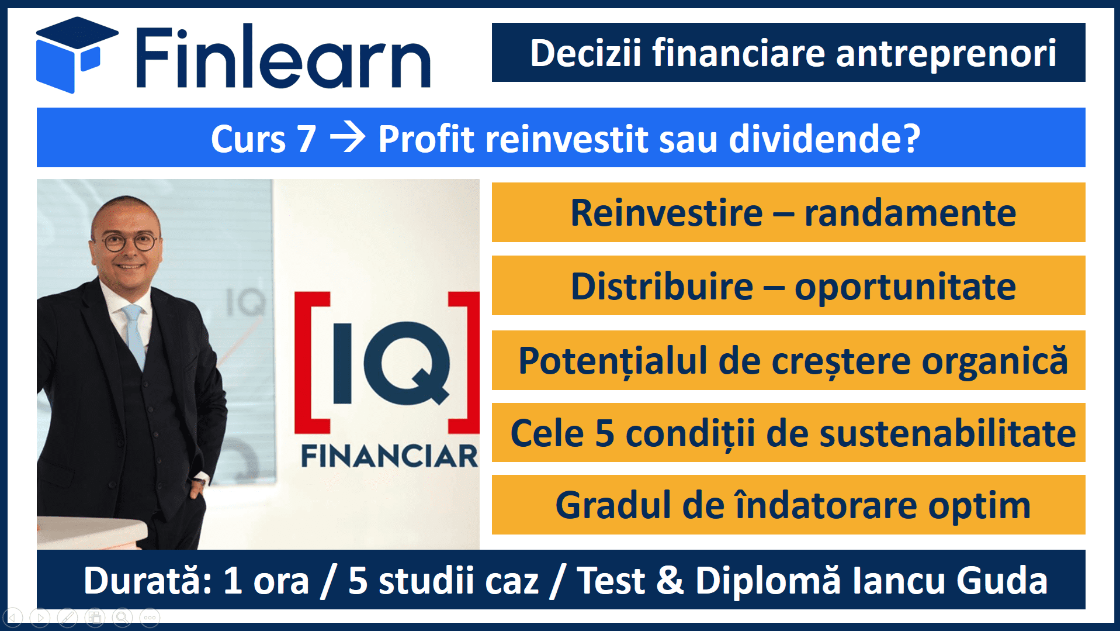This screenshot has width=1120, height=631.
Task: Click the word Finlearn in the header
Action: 284,56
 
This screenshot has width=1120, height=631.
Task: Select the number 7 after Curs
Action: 306,139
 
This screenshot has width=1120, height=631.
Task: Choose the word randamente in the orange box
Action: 910,213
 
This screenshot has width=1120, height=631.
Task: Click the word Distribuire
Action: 662,287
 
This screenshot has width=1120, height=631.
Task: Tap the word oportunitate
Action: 905,288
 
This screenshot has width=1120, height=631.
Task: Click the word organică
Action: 994,361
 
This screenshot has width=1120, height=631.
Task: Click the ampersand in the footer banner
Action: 670,581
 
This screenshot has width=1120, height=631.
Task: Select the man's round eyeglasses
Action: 130,242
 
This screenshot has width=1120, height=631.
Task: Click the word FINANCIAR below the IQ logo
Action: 390,456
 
